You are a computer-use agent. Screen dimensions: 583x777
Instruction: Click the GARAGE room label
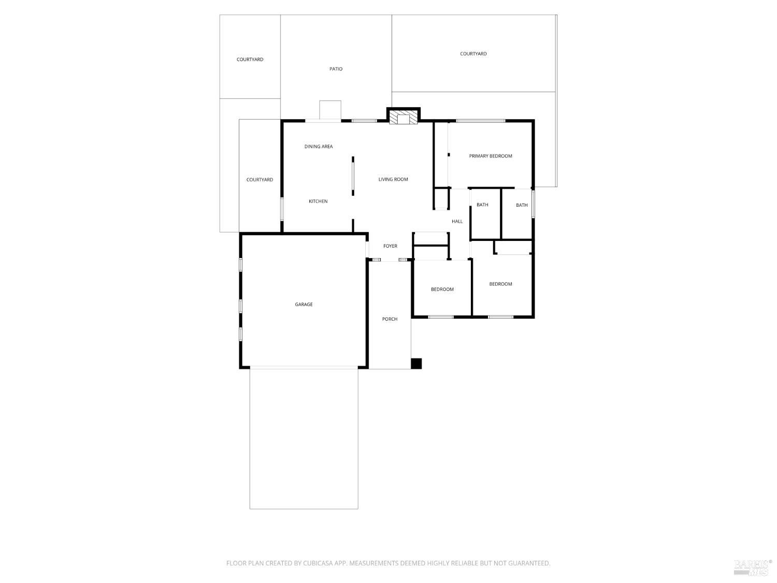coord(304,305)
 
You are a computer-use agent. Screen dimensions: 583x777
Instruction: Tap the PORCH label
coord(390,319)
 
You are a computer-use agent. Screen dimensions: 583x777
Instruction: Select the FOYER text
coord(390,246)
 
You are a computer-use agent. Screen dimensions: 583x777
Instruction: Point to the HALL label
coord(457,222)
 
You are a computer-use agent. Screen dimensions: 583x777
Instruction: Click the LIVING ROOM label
coord(393,180)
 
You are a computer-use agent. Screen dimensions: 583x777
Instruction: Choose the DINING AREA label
coord(318,147)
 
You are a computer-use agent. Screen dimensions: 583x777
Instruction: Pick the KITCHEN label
coord(318,202)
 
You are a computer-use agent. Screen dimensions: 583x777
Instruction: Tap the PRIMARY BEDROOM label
coord(490,156)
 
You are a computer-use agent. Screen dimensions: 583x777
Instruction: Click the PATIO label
coord(336,69)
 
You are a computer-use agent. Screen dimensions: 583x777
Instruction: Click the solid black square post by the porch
coord(416,364)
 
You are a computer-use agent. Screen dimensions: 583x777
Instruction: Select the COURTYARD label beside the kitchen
coord(260,180)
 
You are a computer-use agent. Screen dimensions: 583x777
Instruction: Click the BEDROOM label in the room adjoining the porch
coord(442,290)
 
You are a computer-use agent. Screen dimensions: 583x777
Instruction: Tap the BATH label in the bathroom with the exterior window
coord(521,205)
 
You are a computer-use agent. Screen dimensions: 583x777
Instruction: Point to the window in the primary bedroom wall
coord(480,121)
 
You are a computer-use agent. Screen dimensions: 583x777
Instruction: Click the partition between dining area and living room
coord(353,176)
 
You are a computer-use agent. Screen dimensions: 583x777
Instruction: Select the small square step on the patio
coord(330,110)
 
